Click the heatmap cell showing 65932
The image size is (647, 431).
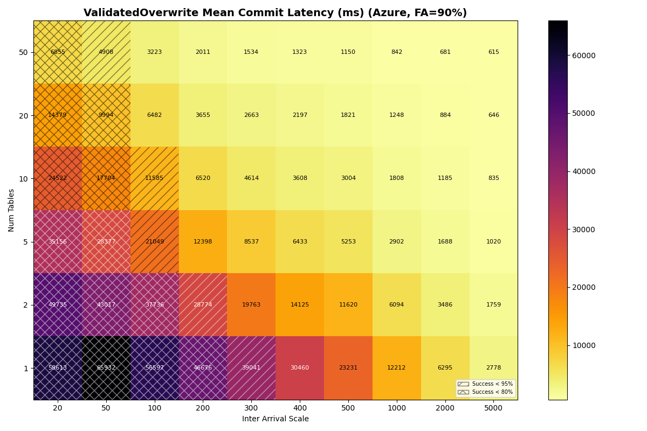[x=106, y=368]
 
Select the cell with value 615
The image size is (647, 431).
[x=493, y=52]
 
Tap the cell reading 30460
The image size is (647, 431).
[x=300, y=368]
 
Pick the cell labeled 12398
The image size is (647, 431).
[x=203, y=242]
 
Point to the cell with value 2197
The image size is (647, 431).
[x=300, y=115]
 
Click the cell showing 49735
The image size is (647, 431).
[x=58, y=305]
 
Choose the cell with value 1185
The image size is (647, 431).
[x=445, y=178]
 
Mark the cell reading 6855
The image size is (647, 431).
[x=58, y=52]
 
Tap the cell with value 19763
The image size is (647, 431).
[x=251, y=305]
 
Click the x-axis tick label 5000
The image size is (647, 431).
[x=493, y=408]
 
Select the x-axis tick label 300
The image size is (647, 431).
[x=251, y=408]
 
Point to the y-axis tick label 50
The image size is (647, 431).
[x=23, y=52]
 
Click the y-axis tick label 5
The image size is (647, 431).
[x=25, y=242]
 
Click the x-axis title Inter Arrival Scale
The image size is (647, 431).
[x=276, y=419]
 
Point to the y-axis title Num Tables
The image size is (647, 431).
[x=12, y=210]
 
